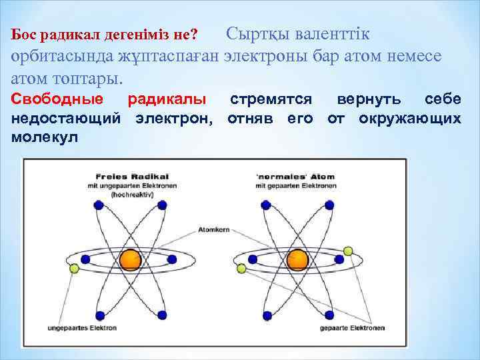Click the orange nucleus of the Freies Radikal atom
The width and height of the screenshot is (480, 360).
(129, 259)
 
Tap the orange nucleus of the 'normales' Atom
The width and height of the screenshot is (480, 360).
(298, 259)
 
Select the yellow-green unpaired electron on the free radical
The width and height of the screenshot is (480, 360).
(74, 268)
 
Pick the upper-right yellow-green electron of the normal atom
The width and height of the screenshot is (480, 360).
(347, 251)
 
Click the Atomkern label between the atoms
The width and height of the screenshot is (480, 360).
(213, 230)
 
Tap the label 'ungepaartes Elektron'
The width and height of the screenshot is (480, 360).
(82, 328)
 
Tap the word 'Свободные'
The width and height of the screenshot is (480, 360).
(58, 100)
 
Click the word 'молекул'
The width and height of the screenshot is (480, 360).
(44, 137)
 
